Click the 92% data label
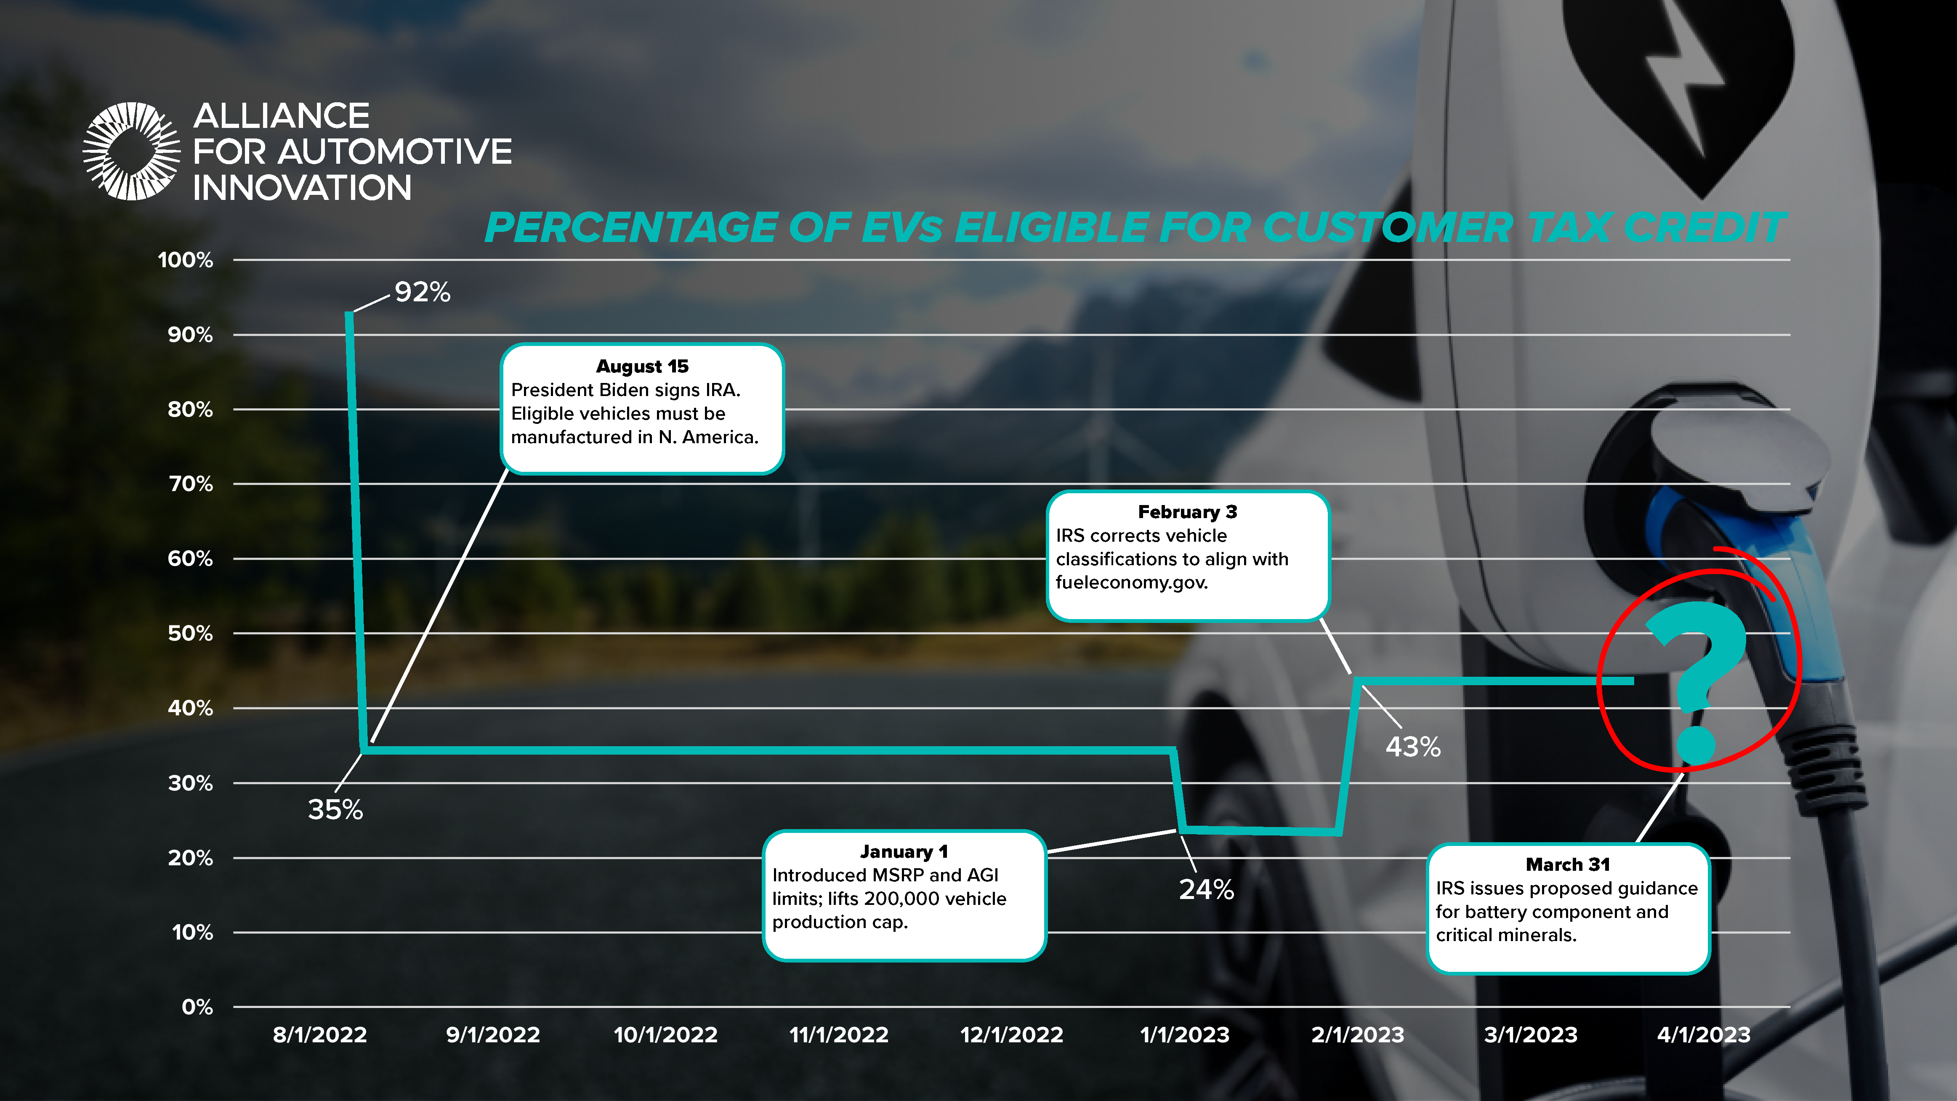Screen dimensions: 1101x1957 point(423,292)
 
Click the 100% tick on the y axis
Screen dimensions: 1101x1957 point(185,260)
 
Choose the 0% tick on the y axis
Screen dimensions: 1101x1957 point(197,1008)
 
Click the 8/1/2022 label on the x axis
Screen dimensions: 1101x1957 point(320,1035)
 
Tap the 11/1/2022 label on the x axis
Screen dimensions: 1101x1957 point(839,1035)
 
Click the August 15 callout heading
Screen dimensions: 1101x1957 point(642,366)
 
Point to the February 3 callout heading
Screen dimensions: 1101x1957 point(1187,512)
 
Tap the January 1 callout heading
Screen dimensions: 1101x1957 point(904,852)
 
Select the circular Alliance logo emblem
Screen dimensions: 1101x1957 point(131,151)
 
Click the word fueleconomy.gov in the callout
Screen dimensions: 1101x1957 point(1131,583)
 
